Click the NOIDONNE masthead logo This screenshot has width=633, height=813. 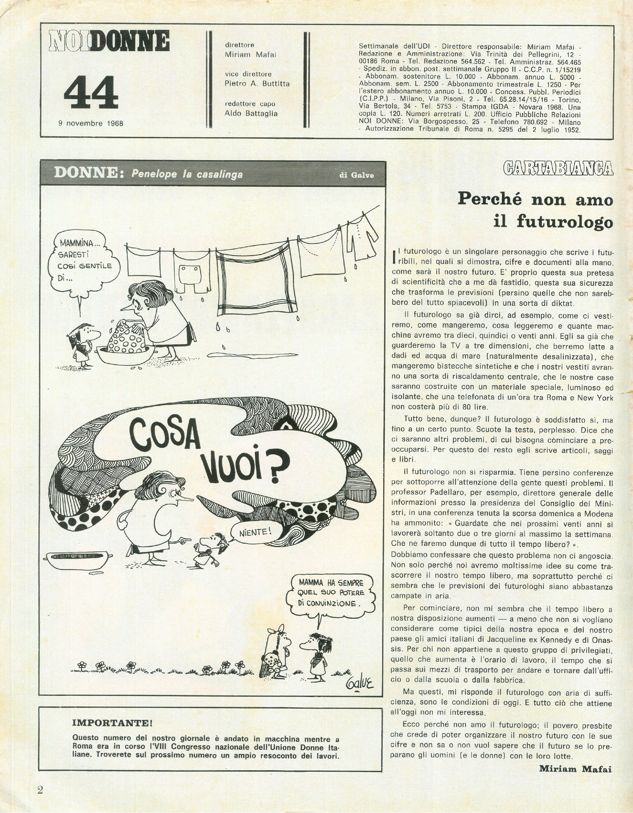(x=110, y=41)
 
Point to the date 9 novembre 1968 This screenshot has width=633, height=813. (x=91, y=123)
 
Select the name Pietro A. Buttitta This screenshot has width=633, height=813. (x=257, y=84)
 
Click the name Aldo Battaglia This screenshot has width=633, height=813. (x=251, y=113)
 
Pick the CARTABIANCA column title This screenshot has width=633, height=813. (x=558, y=168)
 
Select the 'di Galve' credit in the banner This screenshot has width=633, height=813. (x=357, y=175)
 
